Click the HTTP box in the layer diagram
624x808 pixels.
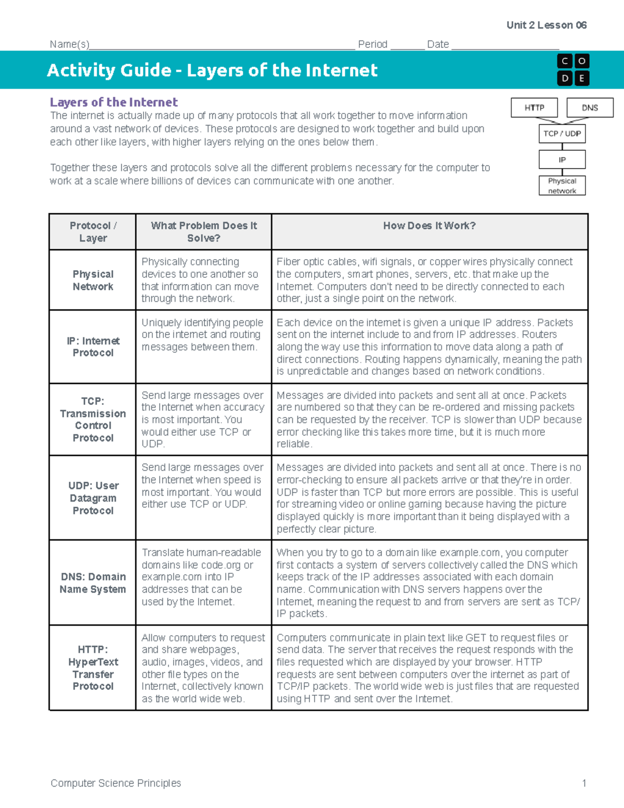point(534,108)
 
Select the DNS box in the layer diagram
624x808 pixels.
point(590,108)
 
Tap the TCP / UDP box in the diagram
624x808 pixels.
point(562,134)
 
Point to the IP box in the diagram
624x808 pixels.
point(562,160)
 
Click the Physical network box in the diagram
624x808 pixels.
point(562,186)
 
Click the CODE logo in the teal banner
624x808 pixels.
point(573,70)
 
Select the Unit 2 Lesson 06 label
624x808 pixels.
point(547,25)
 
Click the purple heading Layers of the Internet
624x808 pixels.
point(113,102)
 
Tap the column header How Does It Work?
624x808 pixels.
point(429,226)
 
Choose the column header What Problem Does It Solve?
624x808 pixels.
point(203,232)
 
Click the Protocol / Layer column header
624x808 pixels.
point(93,232)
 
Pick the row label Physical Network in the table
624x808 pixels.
point(93,280)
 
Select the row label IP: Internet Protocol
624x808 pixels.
point(93,347)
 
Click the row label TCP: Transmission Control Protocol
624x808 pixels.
point(93,419)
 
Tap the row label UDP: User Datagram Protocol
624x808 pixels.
point(93,498)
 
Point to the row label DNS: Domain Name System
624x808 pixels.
point(93,583)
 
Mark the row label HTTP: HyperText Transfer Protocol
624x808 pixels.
point(93,668)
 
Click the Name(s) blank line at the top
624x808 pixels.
point(222,45)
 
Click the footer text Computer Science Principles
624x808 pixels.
point(115,783)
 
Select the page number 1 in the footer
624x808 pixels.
point(584,783)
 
